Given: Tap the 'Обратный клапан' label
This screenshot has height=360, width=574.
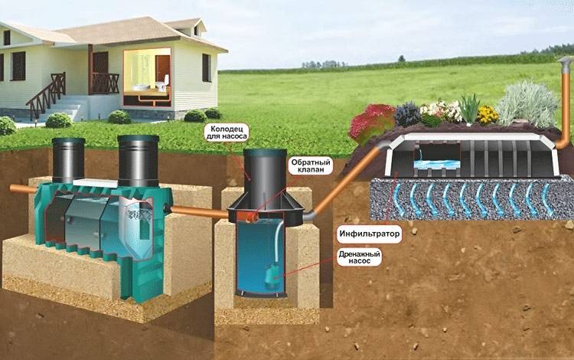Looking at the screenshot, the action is tap(311, 166).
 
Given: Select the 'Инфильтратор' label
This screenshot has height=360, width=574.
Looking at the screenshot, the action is tap(369, 234).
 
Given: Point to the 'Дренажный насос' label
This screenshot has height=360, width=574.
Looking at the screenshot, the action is tap(359, 257).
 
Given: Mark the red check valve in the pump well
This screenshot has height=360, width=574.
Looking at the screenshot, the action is tap(251, 218).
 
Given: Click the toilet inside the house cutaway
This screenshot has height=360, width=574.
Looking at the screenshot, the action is tap(161, 83).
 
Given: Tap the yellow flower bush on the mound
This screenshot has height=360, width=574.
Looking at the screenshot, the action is tap(488, 115).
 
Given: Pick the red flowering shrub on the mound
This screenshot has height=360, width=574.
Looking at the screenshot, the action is tap(370, 123).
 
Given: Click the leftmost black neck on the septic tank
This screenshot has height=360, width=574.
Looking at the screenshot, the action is tap(68, 159).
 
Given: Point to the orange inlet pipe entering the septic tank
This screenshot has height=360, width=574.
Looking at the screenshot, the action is tap(23, 189).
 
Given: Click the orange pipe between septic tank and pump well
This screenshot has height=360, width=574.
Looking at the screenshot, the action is tap(200, 212).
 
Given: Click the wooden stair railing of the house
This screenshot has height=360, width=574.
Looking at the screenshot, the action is tap(46, 94).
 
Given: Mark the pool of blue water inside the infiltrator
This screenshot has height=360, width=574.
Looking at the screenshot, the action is tap(436, 165).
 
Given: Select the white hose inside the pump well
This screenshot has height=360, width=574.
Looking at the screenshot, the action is tap(278, 242).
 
